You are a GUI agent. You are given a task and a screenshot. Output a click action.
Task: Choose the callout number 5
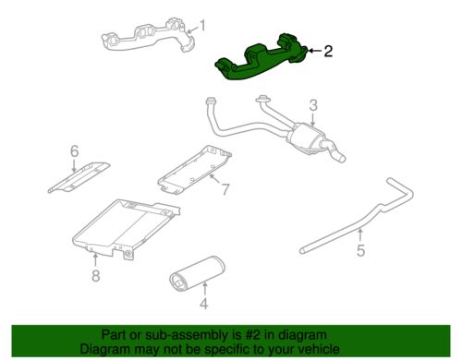click(360, 249)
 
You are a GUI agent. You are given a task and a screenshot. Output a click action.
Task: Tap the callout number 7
click(224, 190)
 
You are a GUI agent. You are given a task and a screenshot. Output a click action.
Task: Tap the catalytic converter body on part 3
click(310, 141)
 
